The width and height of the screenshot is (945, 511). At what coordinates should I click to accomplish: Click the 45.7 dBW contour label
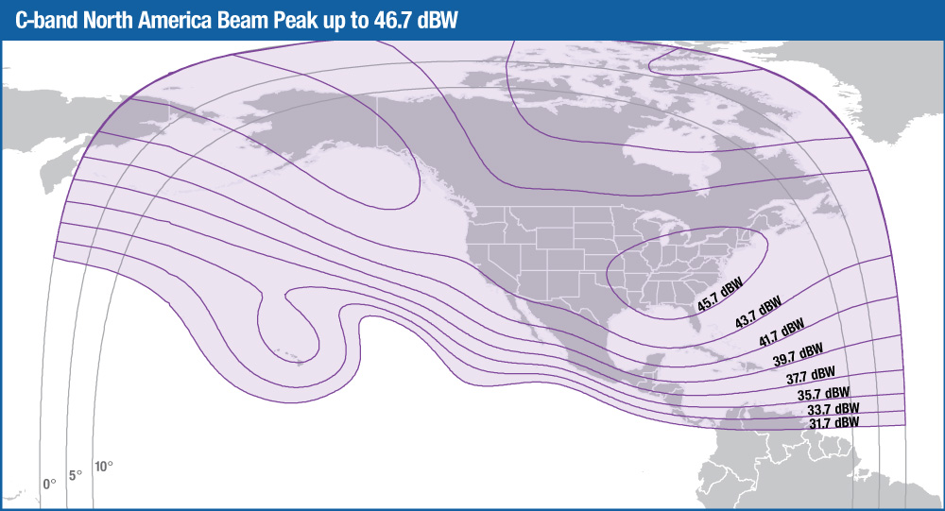click(720, 294)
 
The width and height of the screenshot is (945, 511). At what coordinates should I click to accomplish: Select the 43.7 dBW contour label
click(758, 313)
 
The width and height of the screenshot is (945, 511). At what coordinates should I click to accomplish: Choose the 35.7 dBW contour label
click(822, 394)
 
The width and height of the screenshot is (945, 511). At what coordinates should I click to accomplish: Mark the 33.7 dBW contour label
click(833, 410)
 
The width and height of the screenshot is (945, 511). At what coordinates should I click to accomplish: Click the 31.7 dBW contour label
click(834, 423)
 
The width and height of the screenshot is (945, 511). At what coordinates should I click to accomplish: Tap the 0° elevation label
click(49, 483)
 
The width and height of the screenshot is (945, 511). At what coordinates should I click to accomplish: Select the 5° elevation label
click(76, 475)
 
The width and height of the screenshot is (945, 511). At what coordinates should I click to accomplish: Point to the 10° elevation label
click(103, 467)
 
